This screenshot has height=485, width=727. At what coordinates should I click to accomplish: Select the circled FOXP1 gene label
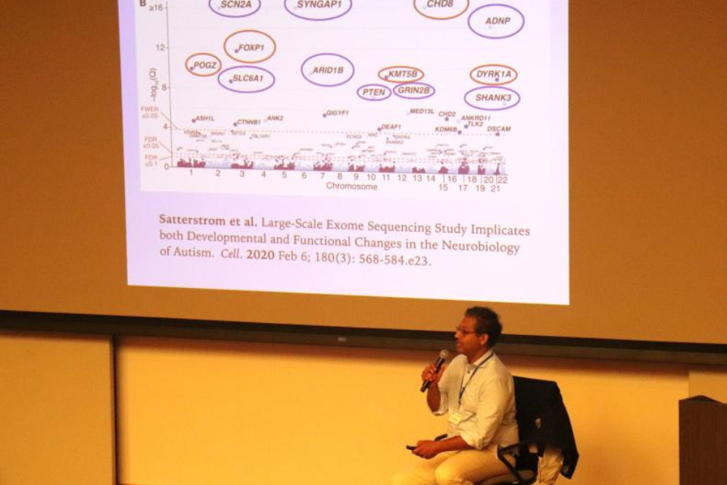(x=250, y=47)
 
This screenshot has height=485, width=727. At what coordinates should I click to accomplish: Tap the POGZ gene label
(x=203, y=65)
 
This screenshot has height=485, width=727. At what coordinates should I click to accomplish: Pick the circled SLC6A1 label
(x=247, y=79)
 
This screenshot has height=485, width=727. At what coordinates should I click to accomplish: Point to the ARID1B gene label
(x=327, y=70)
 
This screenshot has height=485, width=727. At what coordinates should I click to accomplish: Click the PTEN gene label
(x=374, y=92)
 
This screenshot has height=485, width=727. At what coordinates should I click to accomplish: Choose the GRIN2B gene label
(x=414, y=91)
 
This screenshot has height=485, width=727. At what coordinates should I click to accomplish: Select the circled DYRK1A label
(x=494, y=74)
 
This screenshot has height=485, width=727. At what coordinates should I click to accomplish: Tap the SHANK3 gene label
(x=492, y=98)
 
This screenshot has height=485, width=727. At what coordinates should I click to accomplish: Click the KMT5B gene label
(x=401, y=74)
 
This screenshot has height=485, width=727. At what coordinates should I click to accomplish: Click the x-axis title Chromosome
(x=351, y=186)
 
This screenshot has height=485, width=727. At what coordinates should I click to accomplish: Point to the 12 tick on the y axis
(x=160, y=48)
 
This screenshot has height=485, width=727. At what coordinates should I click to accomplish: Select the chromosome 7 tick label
(x=323, y=175)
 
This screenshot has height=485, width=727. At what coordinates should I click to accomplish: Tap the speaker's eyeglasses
(x=466, y=330)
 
